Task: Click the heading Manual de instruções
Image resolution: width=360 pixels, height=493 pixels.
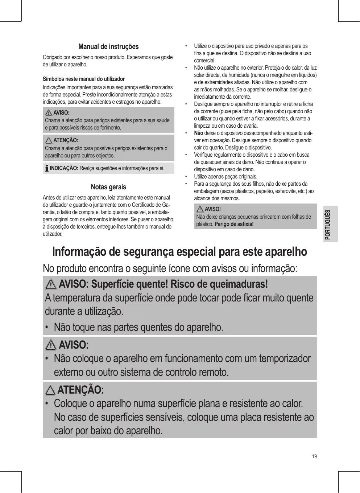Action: pyautogui.click(x=108, y=47)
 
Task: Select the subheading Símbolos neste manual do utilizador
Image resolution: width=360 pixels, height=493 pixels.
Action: pyautogui.click(x=84, y=79)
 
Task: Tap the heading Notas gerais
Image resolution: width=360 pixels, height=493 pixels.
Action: pyautogui.click(x=108, y=187)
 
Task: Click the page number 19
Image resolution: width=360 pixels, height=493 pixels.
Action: pyautogui.click(x=314, y=456)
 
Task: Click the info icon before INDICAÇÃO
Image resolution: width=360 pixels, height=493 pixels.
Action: pyautogui.click(x=46, y=168)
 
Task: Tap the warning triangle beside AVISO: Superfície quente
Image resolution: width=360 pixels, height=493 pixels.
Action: pyautogui.click(x=51, y=284)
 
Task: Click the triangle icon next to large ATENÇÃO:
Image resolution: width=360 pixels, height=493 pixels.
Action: pyautogui.click(x=51, y=390)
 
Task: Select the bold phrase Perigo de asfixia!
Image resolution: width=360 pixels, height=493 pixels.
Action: pyautogui.click(x=234, y=224)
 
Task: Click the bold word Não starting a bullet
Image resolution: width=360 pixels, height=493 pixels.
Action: pyautogui.click(x=198, y=133)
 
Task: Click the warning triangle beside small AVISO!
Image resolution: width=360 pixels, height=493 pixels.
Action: pyautogui.click(x=200, y=209)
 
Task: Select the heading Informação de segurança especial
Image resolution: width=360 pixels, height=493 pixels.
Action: pyautogui.click(x=179, y=251)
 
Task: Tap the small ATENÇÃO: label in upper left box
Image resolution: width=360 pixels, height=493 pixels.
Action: pyautogui.click(x=66, y=140)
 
